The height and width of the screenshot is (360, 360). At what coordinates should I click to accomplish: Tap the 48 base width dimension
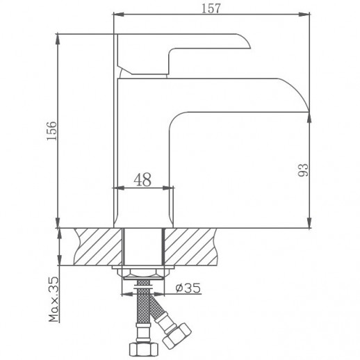click(x=142, y=179)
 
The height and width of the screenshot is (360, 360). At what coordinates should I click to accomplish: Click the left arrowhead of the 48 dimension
click(x=115, y=188)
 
